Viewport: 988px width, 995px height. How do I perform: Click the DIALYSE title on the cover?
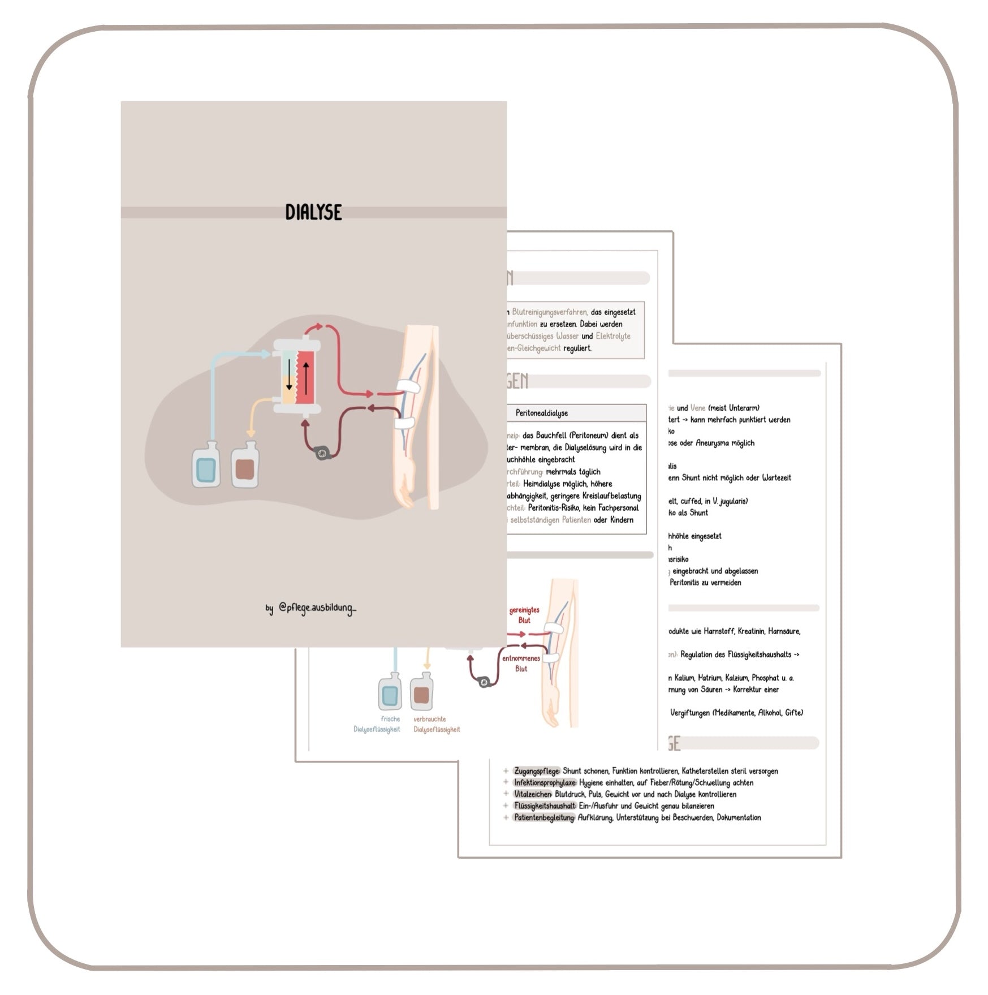pos(313,212)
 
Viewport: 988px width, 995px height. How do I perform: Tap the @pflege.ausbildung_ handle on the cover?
pos(317,609)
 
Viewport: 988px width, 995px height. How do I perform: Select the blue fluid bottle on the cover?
pos(205,465)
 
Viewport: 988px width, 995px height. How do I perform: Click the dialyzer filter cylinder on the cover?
pos(297,376)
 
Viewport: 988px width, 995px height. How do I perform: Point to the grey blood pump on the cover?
pos(322,453)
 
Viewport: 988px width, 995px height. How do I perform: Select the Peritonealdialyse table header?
pos(542,413)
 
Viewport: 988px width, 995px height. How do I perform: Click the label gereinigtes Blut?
pos(524,615)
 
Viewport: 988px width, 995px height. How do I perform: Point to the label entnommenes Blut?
pos(521,664)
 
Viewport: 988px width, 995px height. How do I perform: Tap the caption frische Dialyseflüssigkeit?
pos(377,724)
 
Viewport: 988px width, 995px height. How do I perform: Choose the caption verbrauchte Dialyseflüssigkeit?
pos(436,724)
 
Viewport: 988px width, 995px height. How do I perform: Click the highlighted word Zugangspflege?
pos(537,771)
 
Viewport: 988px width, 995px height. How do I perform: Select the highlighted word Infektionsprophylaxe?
pos(545,783)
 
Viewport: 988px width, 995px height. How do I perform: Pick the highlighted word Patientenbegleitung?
pos(544,817)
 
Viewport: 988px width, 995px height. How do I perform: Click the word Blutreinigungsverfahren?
pos(550,312)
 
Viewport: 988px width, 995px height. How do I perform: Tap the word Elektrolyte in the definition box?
pos(613,336)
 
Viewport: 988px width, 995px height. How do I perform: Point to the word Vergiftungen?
pos(689,713)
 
